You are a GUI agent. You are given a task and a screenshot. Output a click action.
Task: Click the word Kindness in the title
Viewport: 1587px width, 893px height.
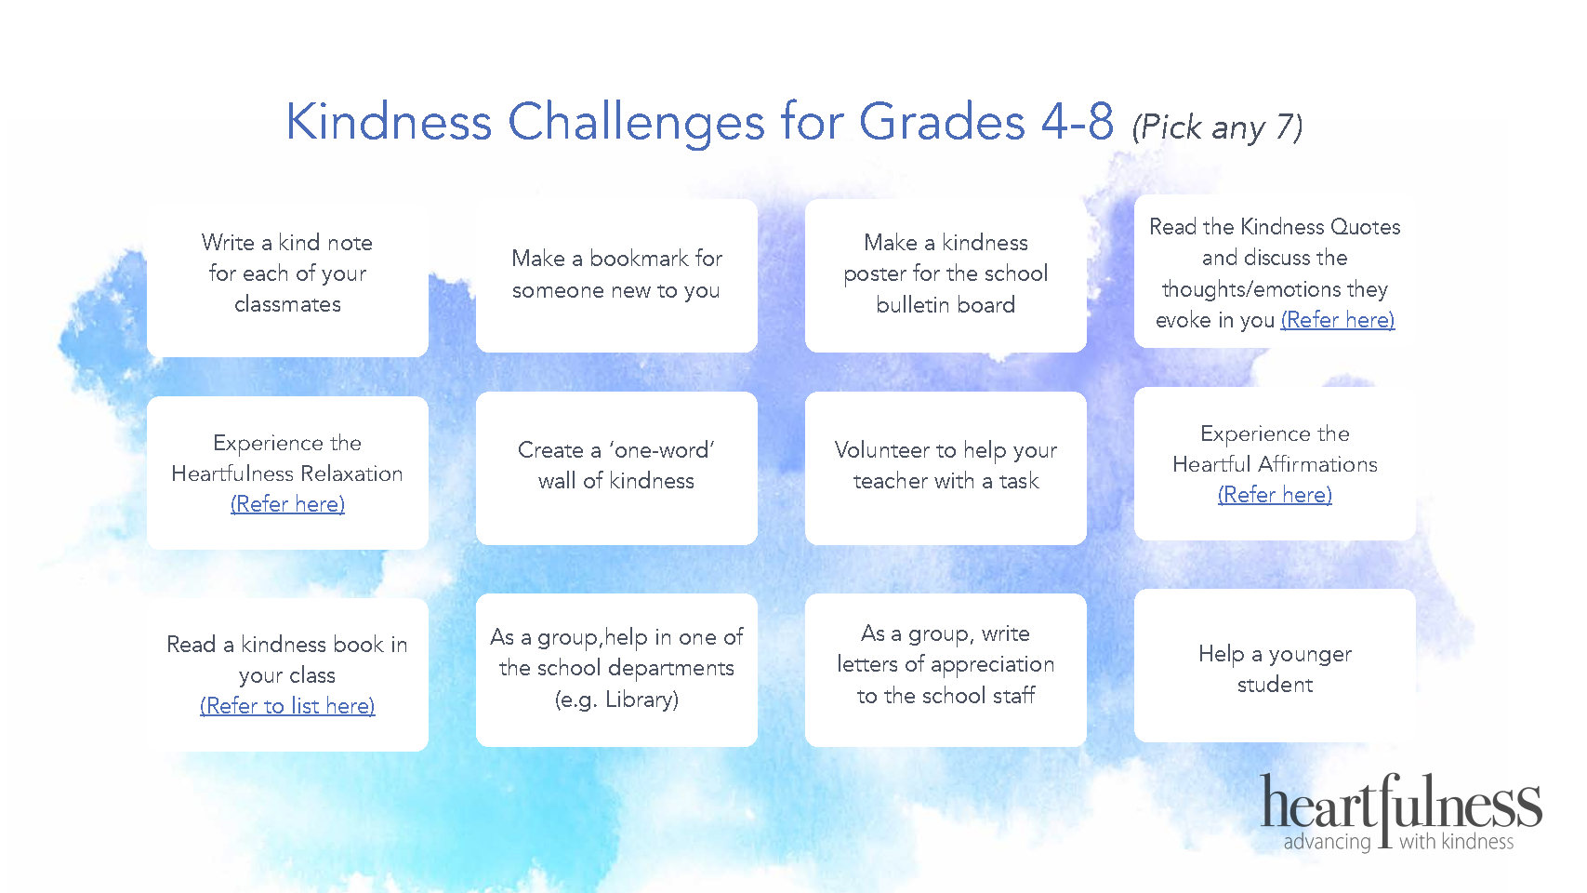coord(389,121)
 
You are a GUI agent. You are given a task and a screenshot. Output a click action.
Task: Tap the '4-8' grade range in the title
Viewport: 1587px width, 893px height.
coord(1078,121)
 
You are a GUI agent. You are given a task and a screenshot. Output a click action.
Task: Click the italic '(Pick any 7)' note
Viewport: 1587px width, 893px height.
coord(1217,127)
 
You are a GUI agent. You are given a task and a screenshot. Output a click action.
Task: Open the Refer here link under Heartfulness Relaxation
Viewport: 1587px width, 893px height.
coord(287,504)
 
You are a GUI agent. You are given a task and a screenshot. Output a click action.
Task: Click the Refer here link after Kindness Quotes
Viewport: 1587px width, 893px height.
coord(1338,320)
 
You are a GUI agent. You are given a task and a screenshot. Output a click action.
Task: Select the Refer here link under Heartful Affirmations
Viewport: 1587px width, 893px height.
coord(1275,495)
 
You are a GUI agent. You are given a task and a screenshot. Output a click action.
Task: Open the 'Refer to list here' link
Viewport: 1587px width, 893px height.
coord(287,706)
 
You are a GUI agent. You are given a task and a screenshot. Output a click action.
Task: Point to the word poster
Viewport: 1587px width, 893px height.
coord(875,274)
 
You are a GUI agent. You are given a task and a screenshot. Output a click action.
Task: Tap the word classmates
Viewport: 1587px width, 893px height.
coord(287,304)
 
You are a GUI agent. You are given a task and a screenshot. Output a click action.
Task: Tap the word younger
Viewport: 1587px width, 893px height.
coord(1310,654)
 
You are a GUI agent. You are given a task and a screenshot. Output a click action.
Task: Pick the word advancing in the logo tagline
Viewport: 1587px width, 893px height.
coord(1327,842)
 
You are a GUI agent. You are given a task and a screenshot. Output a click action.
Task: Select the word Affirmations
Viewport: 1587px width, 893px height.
coord(1318,464)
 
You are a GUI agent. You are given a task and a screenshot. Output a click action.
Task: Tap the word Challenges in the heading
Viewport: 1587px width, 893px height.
coord(636,122)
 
